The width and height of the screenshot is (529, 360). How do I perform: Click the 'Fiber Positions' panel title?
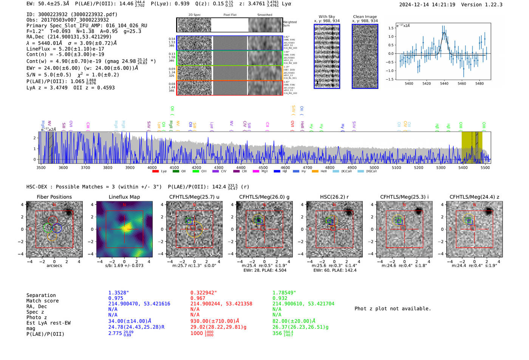click(54, 197)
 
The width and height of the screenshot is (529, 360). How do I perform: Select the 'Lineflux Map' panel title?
click(124, 197)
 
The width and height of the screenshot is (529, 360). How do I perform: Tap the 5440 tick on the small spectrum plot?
click(444, 83)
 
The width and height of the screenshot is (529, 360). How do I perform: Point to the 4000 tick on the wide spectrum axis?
click(152, 167)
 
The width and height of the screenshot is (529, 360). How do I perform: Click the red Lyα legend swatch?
click(155, 172)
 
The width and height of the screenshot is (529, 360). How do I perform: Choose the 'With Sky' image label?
click(326, 17)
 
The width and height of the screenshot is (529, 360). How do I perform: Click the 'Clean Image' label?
click(365, 17)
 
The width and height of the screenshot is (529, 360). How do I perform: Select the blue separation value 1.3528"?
click(119, 293)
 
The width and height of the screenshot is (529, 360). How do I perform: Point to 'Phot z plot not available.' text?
click(393, 309)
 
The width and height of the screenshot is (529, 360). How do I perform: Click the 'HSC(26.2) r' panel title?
click(334, 197)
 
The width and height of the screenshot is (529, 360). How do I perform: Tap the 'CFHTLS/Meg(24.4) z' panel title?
click(474, 197)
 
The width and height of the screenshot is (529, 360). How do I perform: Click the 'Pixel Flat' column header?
click(230, 15)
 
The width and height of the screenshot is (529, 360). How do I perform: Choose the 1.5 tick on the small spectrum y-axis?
click(391, 28)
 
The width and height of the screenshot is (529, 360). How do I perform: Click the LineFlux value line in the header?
click(65, 49)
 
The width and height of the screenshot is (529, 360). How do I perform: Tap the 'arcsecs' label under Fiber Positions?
click(54, 266)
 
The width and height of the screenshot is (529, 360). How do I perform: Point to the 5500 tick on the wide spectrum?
click(485, 167)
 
